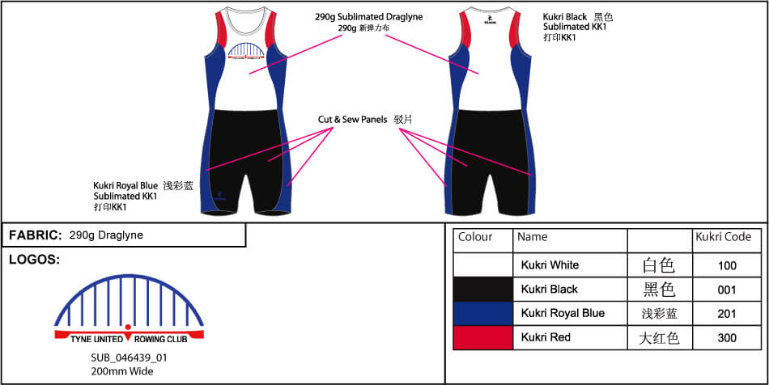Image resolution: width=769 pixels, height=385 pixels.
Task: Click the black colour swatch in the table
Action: click(x=483, y=289)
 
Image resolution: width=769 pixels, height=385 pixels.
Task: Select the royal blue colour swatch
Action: click(x=483, y=313)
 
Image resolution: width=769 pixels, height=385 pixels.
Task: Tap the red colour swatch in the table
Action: click(x=483, y=337)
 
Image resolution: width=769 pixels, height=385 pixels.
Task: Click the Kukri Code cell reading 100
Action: click(x=727, y=265)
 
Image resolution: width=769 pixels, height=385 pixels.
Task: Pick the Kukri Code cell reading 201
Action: click(x=727, y=314)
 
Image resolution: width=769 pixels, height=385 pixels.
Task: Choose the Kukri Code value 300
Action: click(x=727, y=337)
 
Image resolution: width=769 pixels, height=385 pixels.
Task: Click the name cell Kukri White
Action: click(x=550, y=265)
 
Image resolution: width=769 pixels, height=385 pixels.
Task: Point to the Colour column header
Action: click(x=475, y=237)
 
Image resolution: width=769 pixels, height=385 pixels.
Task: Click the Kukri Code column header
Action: click(x=723, y=237)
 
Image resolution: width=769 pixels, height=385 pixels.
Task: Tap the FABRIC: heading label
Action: click(x=36, y=235)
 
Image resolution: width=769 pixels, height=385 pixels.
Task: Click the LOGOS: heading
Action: click(x=34, y=260)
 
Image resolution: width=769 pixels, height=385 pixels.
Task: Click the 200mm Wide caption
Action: click(x=122, y=371)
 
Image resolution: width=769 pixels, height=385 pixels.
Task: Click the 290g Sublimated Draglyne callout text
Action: click(x=369, y=16)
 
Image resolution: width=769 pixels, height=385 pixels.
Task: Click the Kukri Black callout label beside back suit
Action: click(x=565, y=17)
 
